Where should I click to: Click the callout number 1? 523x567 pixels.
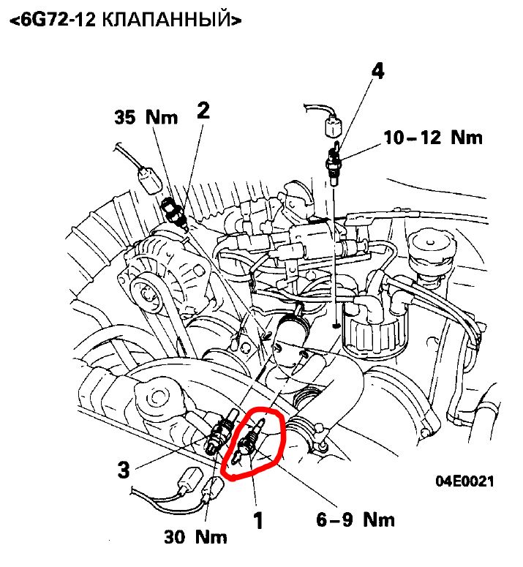[257, 520]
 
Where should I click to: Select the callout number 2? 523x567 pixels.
[203, 110]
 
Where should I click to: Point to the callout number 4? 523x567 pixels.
[377, 70]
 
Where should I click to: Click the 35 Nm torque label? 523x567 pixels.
[146, 117]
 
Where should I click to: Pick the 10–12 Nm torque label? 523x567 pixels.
[434, 137]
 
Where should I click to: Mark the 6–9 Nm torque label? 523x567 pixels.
[356, 519]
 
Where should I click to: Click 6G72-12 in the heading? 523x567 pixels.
[54, 20]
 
